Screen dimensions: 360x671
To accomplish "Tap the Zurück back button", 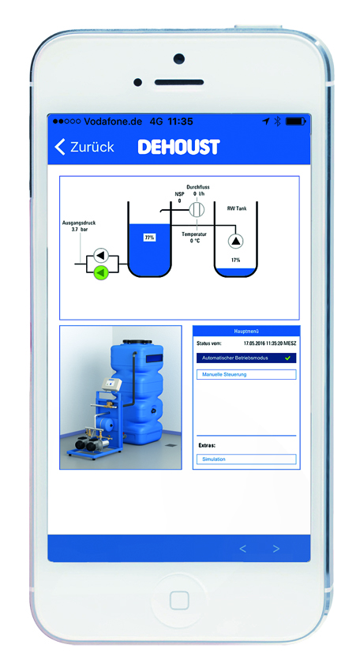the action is pos(84,147).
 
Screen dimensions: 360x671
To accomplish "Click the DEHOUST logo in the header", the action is pos(178,147).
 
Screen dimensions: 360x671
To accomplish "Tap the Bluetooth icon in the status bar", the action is pos(277,122).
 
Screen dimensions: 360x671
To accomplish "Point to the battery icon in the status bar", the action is pos(295,122).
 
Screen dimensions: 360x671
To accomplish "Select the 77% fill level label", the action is pos(149,237).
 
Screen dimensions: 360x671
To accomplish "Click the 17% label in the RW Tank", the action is pos(235,260).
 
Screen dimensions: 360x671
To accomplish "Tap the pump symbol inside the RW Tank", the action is pos(235,242).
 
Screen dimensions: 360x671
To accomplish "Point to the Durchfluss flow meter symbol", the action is pos(197,210).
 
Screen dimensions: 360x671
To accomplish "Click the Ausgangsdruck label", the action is pos(79,223).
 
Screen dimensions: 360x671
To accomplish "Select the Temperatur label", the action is pos(194,234).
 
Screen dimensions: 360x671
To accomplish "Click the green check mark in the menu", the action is pos(287,358).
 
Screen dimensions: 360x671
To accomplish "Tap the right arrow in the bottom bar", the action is pos(276,549).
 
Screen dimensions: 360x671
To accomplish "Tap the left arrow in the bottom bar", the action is pos(242,549).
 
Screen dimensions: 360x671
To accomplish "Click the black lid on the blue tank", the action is pos(137,342).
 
